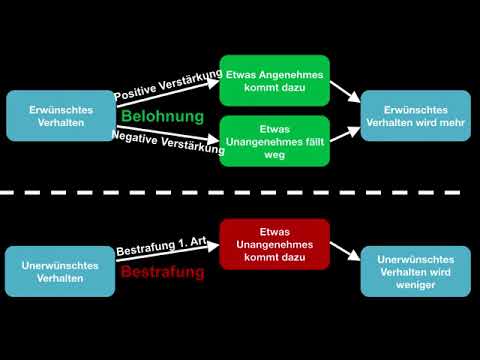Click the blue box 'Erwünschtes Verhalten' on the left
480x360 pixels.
60,116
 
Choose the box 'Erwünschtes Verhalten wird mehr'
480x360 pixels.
415,116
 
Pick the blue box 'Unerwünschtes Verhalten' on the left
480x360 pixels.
60,272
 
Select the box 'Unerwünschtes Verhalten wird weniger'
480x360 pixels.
415,272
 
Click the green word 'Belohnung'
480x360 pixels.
162,117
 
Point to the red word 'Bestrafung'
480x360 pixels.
162,272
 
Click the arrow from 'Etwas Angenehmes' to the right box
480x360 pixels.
345,92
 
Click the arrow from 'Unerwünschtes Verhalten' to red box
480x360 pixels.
165,258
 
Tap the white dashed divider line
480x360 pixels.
240,193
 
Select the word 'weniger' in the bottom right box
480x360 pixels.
415,285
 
